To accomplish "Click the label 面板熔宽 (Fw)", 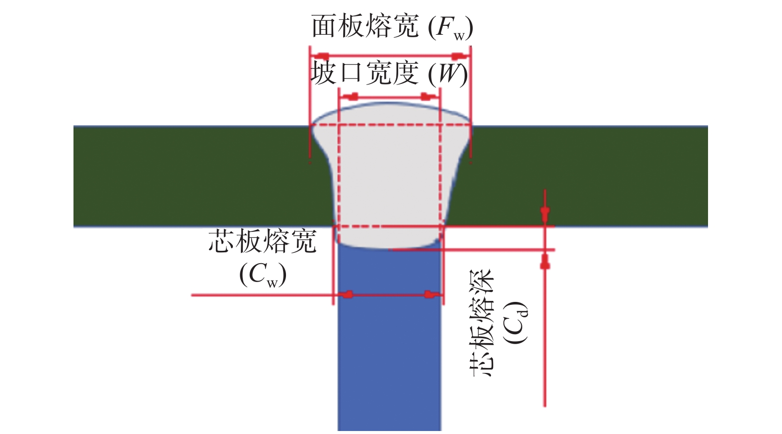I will click(x=392, y=27).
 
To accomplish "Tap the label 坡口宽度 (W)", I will click(x=389, y=74).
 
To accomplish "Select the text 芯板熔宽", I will click(x=262, y=241).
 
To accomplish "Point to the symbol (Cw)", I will click(x=263, y=275).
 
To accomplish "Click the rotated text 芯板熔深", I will click(x=481, y=323).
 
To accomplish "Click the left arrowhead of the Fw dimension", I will click(x=322, y=55).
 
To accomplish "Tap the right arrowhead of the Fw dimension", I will click(x=458, y=55).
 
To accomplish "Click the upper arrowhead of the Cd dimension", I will click(x=545, y=215).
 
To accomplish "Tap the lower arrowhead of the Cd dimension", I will click(x=545, y=262).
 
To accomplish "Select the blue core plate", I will click(x=389, y=348).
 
